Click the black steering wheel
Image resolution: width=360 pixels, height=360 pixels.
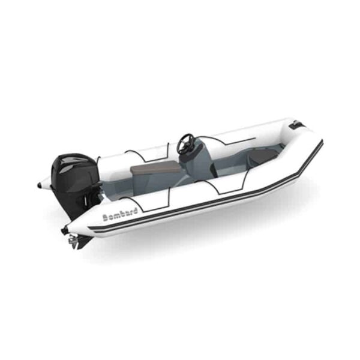pyautogui.click(x=187, y=143)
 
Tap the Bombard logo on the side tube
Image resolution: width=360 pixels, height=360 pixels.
pyautogui.click(x=120, y=214)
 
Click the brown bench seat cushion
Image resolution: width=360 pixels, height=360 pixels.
pyautogui.click(x=155, y=168)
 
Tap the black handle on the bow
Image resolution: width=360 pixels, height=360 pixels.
pyautogui.click(x=296, y=125)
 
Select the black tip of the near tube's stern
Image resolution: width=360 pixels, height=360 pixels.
pyautogui.click(x=64, y=230)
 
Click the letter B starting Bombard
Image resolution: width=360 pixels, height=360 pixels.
pyautogui.click(x=106, y=218)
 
